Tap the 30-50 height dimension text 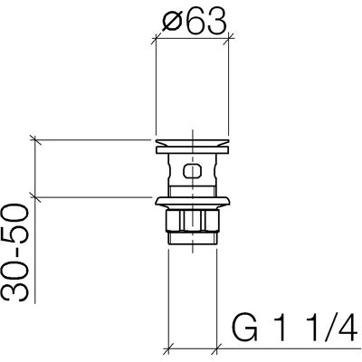15,252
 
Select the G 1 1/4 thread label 295,328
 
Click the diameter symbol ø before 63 173,22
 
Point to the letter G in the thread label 244,328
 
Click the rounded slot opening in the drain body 192,171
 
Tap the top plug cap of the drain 192,147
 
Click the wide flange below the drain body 193,203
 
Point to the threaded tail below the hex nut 193,237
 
